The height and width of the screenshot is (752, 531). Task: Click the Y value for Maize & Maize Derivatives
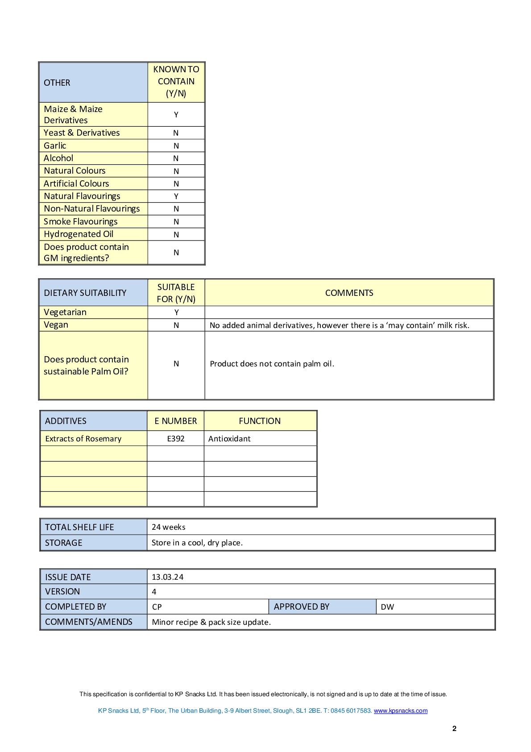(176, 115)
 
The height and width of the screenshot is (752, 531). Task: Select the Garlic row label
(55, 145)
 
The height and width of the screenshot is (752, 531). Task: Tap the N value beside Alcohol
(176, 158)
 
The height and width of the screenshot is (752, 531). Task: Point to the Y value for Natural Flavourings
(176, 196)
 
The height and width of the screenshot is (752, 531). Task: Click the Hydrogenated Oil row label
(79, 234)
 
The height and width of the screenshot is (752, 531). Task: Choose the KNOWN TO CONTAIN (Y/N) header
(176, 82)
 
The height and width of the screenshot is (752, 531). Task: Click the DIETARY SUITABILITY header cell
(85, 293)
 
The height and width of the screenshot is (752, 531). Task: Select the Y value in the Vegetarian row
(176, 312)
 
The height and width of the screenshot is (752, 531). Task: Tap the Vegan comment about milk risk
(339, 325)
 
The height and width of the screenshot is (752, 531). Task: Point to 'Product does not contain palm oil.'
(272, 364)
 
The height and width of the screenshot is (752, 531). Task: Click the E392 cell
(176, 439)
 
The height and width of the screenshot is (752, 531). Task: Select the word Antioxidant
(229, 439)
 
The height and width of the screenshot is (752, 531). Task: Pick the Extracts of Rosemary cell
(83, 439)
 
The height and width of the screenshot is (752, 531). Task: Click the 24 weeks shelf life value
(168, 527)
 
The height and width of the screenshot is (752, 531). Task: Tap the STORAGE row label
(63, 543)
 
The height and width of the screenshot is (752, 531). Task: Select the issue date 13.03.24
(167, 577)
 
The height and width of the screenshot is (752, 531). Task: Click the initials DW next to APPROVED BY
(387, 607)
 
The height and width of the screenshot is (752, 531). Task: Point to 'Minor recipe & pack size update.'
(211, 622)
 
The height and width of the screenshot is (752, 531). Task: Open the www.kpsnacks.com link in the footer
(400, 711)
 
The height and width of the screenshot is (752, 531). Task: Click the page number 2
(454, 729)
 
